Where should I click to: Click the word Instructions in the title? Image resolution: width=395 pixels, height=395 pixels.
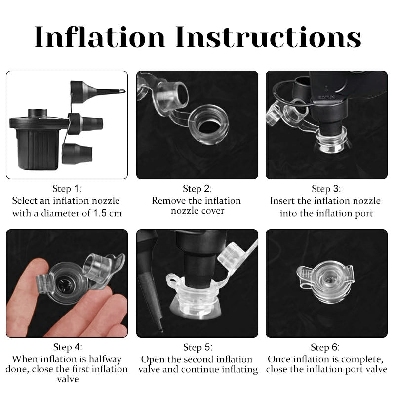[268, 37]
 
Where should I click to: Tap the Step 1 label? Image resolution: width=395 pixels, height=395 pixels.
[67, 189]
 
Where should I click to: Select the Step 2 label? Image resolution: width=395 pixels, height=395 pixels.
[197, 189]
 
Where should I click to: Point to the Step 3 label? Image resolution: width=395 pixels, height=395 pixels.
[326, 189]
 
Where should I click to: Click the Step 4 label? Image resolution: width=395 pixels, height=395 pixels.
[67, 347]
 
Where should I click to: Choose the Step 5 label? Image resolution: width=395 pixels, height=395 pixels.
[197, 347]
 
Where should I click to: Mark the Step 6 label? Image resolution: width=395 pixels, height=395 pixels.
[326, 347]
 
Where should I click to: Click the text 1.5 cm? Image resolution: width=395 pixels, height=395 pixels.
[106, 213]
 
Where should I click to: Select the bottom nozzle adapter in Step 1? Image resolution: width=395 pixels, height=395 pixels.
[77, 153]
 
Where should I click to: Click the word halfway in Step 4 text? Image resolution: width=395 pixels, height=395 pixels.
[102, 359]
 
